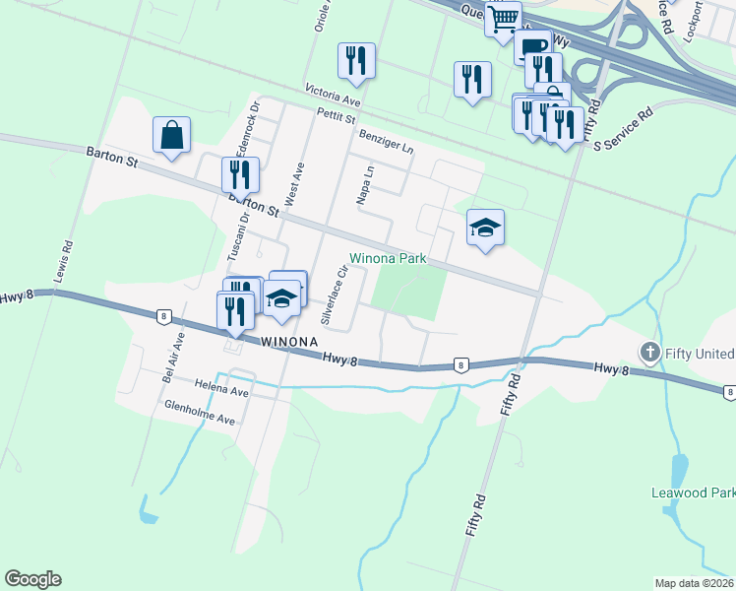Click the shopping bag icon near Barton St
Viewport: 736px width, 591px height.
171,137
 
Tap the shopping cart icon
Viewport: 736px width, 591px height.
503,19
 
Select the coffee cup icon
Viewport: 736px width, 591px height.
531,46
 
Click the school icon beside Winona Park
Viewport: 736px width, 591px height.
484,229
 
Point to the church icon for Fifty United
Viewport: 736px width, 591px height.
648,353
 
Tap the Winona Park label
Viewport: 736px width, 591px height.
388,259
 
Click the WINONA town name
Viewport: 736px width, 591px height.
288,341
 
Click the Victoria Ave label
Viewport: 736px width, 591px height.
334,97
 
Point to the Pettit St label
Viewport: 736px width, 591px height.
335,117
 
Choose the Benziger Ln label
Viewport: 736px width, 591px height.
387,139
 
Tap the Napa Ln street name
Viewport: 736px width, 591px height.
364,184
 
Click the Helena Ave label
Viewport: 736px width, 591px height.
221,389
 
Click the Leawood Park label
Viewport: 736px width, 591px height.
693,492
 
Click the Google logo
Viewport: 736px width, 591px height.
33,579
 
